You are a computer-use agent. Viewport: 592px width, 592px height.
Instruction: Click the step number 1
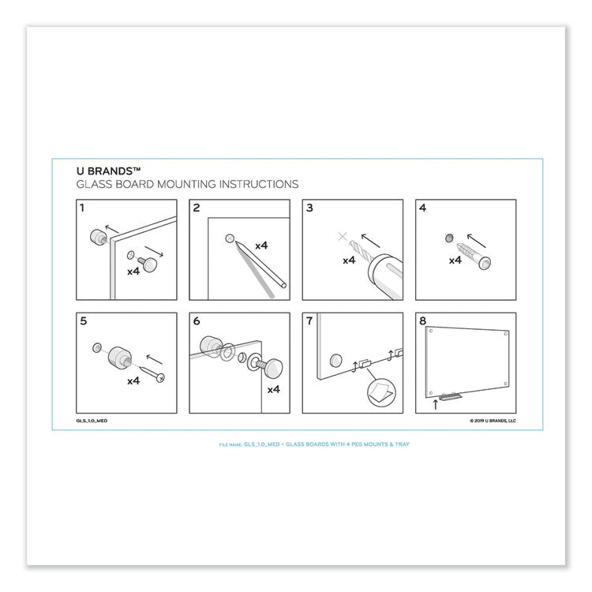82,208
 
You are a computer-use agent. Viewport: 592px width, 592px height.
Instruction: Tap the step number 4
422,208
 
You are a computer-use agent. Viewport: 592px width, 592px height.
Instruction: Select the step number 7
309,320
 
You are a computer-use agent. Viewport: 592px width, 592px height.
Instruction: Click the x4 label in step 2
261,245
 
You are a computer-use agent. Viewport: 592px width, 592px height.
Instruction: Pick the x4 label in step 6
274,389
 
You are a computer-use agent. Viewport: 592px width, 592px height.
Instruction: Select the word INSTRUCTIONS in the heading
257,184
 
